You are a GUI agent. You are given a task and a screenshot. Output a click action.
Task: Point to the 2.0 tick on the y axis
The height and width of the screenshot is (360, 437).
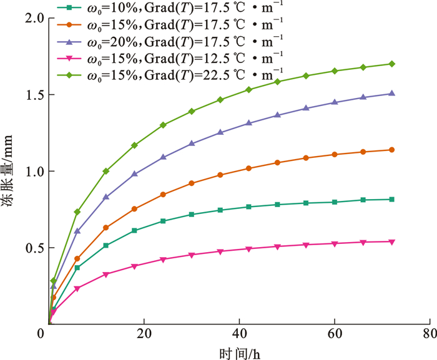31,18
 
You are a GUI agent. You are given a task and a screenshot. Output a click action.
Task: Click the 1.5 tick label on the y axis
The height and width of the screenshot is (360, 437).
31,95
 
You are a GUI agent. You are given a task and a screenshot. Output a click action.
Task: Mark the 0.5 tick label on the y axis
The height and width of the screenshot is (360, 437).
31,248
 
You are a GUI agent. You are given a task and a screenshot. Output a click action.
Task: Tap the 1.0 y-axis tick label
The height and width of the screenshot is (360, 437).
31,172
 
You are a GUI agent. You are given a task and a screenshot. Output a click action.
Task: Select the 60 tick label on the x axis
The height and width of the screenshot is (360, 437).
335,334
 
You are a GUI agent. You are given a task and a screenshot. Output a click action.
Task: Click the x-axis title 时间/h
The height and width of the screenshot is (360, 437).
239,353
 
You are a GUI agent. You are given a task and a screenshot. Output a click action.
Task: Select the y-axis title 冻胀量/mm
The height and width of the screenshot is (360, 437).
9,172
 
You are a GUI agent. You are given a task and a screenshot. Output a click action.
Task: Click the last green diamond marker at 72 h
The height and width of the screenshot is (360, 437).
391,64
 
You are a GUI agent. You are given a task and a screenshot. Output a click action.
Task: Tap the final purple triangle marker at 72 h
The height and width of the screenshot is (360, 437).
391,94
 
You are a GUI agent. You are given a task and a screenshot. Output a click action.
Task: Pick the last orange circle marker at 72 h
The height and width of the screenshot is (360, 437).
391,150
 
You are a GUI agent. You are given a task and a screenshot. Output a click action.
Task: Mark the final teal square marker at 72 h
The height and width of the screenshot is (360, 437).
391,199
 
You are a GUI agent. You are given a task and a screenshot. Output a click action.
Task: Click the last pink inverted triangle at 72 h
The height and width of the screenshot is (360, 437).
391,241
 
